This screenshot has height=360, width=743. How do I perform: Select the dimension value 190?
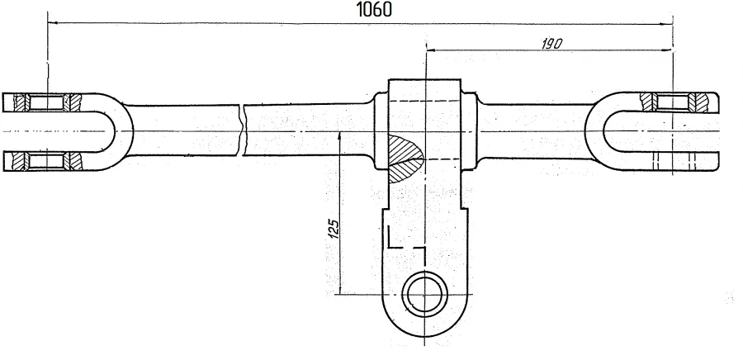[x=551, y=45]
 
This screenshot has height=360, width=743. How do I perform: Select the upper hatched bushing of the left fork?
[x=49, y=102]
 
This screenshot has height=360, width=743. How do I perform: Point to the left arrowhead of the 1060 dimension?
[x=53, y=23]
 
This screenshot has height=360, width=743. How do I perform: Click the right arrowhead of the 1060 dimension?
[x=670, y=23]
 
